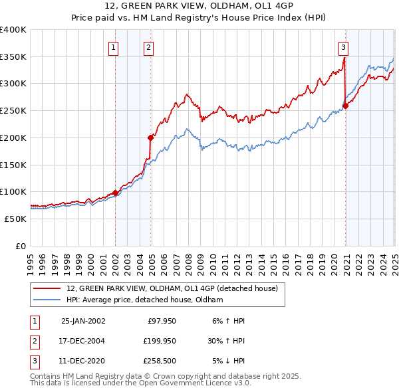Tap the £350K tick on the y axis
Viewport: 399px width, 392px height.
pyautogui.click(x=13, y=56)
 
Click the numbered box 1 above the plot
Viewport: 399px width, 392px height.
pyautogui.click(x=114, y=47)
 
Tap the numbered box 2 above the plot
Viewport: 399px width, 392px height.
pyautogui.click(x=148, y=47)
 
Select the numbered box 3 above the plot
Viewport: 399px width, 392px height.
pyautogui.click(x=343, y=47)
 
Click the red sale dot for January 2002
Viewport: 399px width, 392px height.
pyautogui.click(x=116, y=193)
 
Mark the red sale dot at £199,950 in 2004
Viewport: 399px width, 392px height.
pyautogui.click(x=151, y=138)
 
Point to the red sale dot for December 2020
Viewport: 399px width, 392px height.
pyautogui.click(x=346, y=106)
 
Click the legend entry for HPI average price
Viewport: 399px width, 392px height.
pyautogui.click(x=144, y=300)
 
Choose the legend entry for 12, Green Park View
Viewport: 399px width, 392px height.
pyautogui.click(x=167, y=288)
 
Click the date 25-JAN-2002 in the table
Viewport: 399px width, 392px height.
pyautogui.click(x=83, y=321)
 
